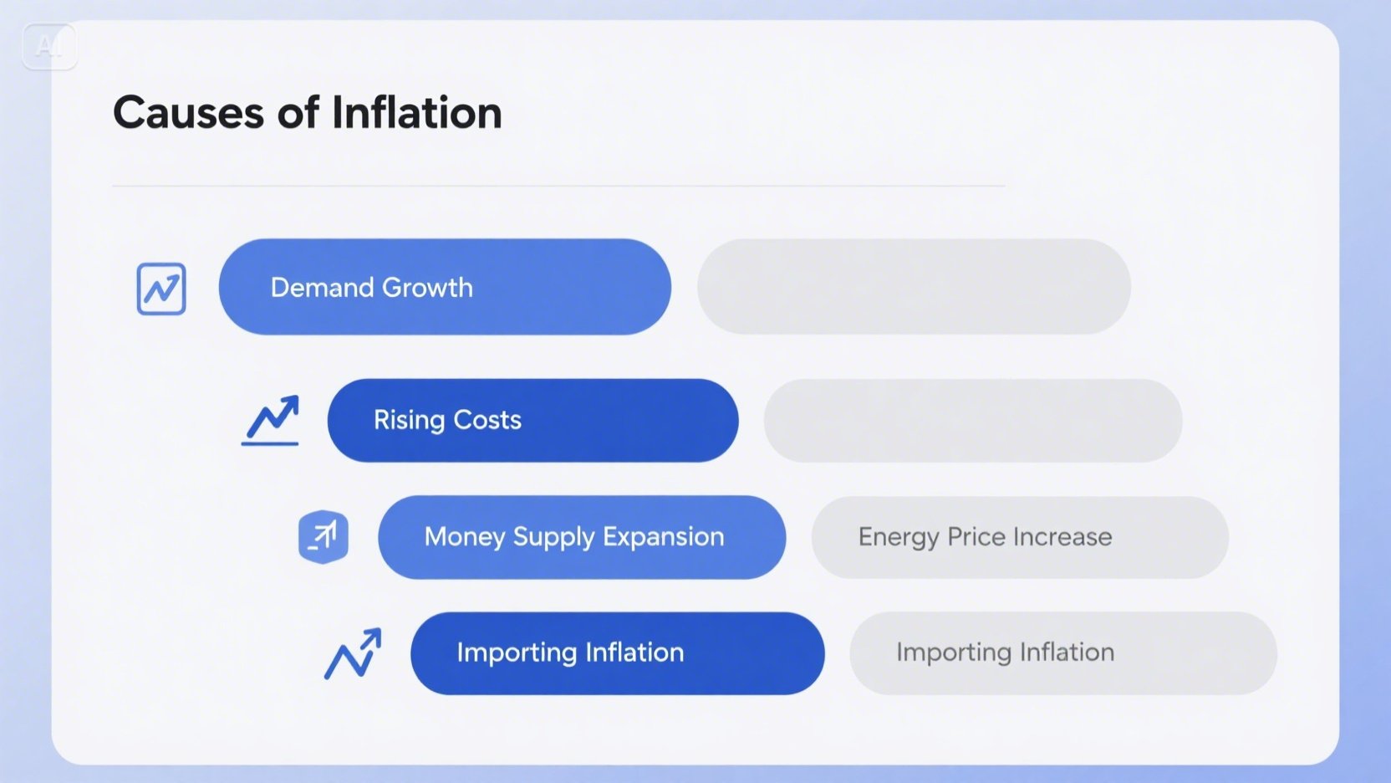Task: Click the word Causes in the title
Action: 188,113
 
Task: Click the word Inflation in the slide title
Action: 416,112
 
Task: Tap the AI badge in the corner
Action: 49,47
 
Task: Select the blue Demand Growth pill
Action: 445,287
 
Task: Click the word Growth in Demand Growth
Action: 427,288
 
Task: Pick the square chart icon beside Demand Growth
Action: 161,289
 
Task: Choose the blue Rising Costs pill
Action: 532,421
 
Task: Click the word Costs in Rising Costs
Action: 487,420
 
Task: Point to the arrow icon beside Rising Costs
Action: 270,420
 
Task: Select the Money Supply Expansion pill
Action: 582,538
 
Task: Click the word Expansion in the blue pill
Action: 663,538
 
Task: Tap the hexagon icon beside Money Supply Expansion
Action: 324,536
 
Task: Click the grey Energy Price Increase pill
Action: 1020,538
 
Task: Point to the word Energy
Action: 899,538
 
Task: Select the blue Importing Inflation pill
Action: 617,653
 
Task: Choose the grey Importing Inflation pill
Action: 1063,653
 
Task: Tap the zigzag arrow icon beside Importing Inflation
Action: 353,653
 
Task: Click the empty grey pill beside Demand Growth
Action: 914,286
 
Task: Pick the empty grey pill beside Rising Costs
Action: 973,421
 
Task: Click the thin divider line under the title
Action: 559,185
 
